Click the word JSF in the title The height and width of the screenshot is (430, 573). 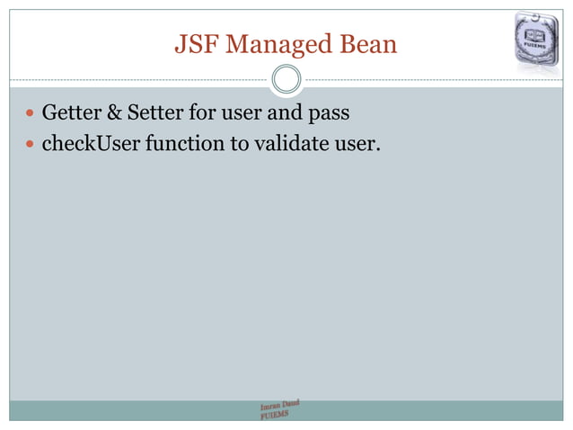[192, 44]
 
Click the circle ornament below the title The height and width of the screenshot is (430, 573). [286, 79]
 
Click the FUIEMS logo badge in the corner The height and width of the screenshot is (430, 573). [539, 38]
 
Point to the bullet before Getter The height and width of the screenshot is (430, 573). [31, 115]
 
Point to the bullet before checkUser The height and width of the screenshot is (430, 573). [31, 142]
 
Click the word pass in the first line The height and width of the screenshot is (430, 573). [329, 114]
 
